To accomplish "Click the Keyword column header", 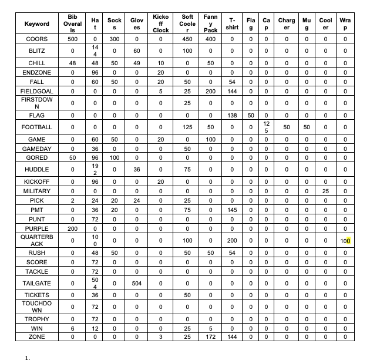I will coord(36,23).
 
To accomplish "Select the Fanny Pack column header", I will coord(210,23).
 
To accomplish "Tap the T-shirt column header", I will coord(232,23).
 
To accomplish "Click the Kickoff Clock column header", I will coord(161,23).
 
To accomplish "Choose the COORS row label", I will coord(36,39).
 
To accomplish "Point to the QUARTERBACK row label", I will coord(36,240).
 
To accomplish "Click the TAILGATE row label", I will coord(36,282).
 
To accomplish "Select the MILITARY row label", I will coord(36,191).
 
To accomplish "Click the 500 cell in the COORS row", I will coord(72,39).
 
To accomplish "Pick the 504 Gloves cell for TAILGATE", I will coord(136,282).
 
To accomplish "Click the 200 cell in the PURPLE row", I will coord(72,228).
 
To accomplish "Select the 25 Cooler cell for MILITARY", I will coord(325,191).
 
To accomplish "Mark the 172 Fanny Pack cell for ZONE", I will coord(210,338).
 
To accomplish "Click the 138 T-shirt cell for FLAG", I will coord(232,116).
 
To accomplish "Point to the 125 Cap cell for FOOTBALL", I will coord(267,127).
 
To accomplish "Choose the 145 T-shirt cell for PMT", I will coord(232,209).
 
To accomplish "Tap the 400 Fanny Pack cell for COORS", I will coord(210,39).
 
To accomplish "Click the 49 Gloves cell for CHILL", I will coord(136,63).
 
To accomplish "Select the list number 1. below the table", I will coord(27,355).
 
